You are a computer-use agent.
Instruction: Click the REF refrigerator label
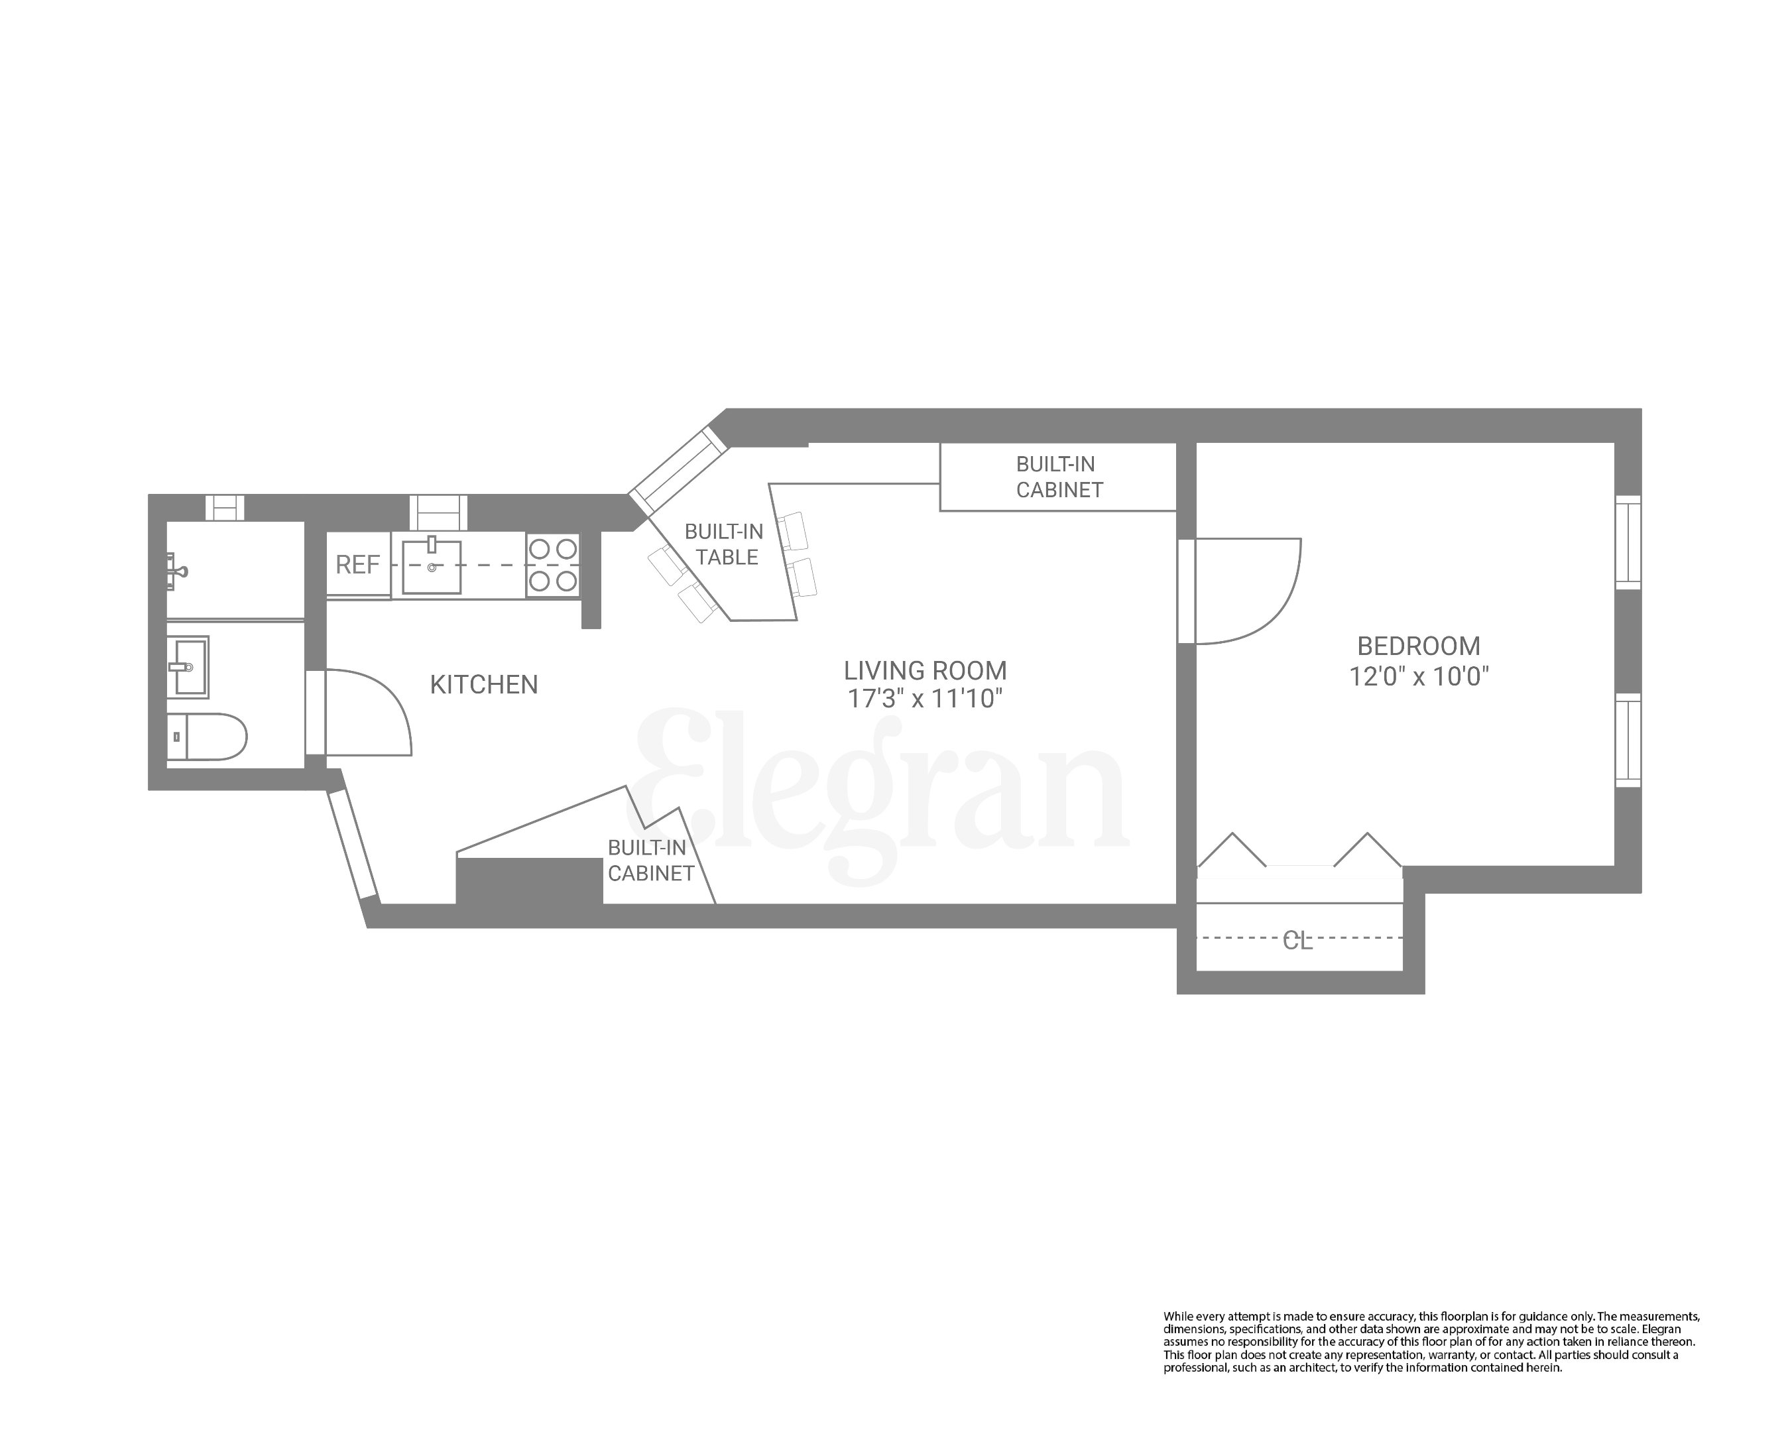357,566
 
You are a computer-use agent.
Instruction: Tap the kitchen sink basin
431,567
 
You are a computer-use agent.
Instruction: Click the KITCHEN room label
484,685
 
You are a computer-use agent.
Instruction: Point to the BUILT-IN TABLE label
724,544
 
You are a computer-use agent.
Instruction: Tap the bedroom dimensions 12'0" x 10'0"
1418,678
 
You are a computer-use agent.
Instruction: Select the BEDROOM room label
1418,646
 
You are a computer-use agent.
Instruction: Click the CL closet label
1297,941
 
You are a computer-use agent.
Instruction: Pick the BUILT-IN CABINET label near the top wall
1059,477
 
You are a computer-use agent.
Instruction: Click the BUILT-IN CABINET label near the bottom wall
650,861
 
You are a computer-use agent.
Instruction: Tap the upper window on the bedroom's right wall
1628,543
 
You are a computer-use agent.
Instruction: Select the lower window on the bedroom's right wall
1628,741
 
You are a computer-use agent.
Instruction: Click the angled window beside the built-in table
678,471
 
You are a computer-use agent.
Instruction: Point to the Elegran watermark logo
880,793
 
